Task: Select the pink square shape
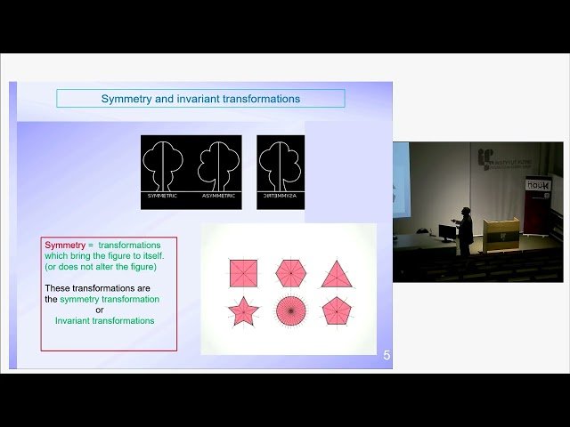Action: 242,273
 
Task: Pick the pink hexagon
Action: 290,273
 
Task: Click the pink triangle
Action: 337,273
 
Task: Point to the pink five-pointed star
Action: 242,311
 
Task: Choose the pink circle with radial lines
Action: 290,311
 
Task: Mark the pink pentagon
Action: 337,311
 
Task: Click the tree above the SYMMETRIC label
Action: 164,165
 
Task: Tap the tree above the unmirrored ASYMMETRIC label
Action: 217,165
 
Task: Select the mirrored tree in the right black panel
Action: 280,165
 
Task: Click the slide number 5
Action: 387,356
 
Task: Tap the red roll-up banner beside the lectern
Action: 538,213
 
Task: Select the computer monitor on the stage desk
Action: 446,233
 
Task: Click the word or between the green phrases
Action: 100,310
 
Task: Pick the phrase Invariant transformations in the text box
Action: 104,320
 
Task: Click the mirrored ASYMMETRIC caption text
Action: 280,195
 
